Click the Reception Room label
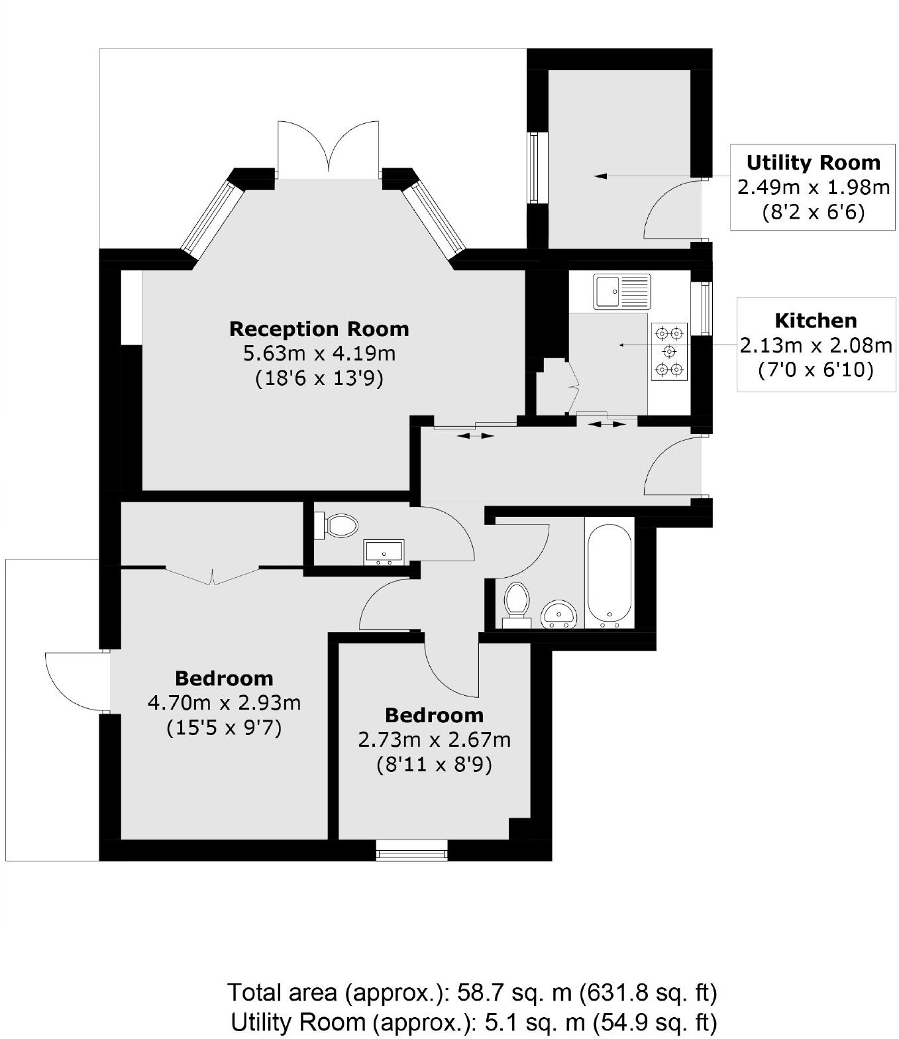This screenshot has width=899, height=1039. click(319, 329)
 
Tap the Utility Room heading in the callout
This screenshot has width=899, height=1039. click(813, 162)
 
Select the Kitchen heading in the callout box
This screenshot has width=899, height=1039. click(816, 320)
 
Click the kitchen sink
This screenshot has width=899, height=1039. click(622, 291)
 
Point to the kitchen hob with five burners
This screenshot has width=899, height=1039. click(669, 351)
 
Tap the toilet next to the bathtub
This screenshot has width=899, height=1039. click(516, 603)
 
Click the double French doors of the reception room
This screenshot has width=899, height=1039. click(329, 149)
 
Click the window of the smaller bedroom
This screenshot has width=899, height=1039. click(411, 849)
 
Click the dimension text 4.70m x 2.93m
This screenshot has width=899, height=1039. click(224, 702)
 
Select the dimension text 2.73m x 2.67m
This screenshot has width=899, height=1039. click(434, 739)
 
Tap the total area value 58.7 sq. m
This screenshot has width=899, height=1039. click(513, 993)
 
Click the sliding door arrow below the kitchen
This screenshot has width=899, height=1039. click(607, 424)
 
